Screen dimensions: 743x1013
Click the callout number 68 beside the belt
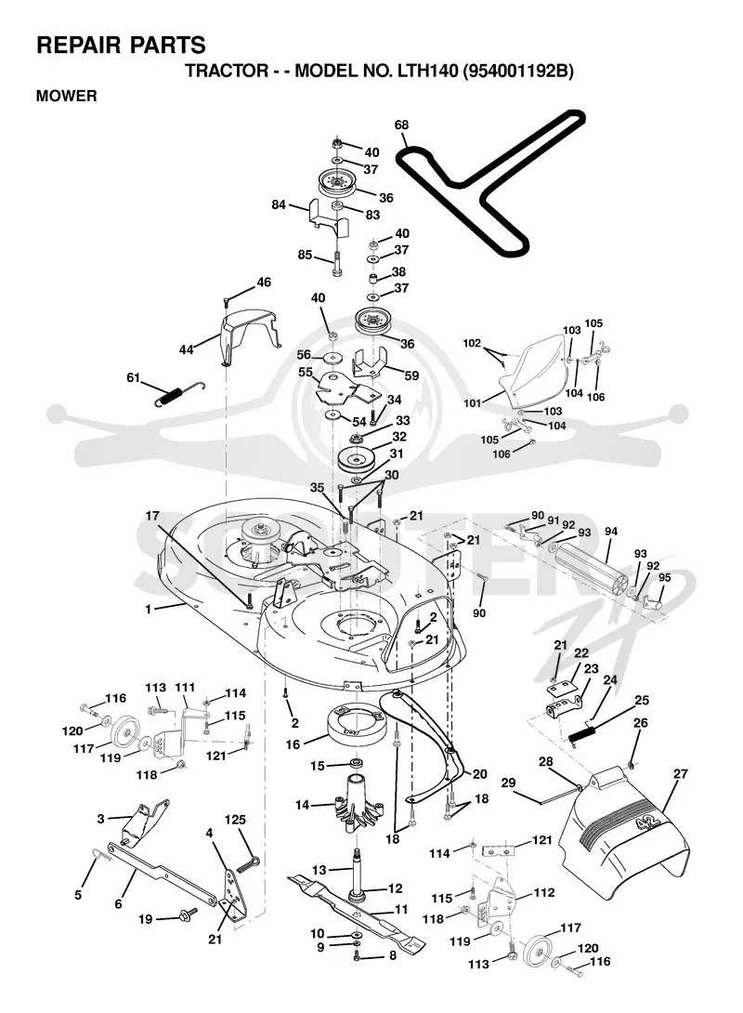[x=401, y=125]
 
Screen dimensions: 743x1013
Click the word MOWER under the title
[x=67, y=96]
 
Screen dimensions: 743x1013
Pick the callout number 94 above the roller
[x=611, y=532]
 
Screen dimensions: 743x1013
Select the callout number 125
[x=235, y=820]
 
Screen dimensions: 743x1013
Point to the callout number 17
[x=152, y=516]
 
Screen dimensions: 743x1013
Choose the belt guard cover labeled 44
[x=248, y=335]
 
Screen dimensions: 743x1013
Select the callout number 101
[x=473, y=403]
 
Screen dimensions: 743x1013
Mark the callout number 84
[x=279, y=204]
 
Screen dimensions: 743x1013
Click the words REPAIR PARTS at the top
[x=122, y=46]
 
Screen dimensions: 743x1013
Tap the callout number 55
[x=306, y=372]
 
